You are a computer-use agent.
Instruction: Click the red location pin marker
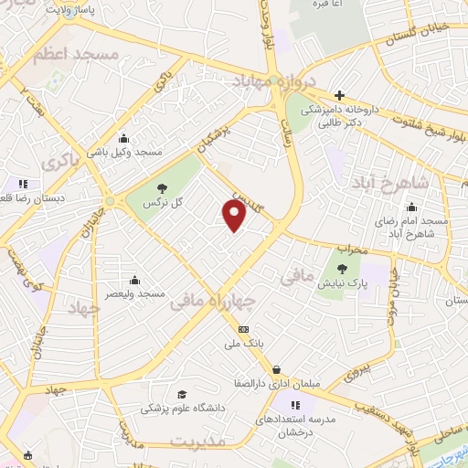click(235, 215)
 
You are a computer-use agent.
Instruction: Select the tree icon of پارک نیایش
click(342, 268)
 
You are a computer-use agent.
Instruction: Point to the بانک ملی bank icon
click(243, 329)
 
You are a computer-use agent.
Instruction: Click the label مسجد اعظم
click(76, 56)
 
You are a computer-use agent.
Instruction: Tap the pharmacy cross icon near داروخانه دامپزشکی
click(339, 95)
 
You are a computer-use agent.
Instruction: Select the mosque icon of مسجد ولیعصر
click(135, 280)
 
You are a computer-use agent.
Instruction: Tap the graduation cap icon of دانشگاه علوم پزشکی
click(182, 395)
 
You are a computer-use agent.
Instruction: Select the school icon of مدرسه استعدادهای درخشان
click(295, 404)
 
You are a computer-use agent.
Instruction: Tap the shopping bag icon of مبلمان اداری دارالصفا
click(275, 370)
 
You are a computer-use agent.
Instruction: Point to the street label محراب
click(352, 249)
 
